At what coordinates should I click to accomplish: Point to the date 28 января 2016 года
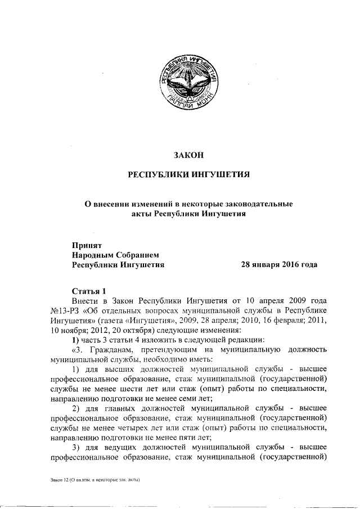pyautogui.click(x=279, y=264)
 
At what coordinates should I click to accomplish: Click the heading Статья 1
pyautogui.click(x=89, y=291)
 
